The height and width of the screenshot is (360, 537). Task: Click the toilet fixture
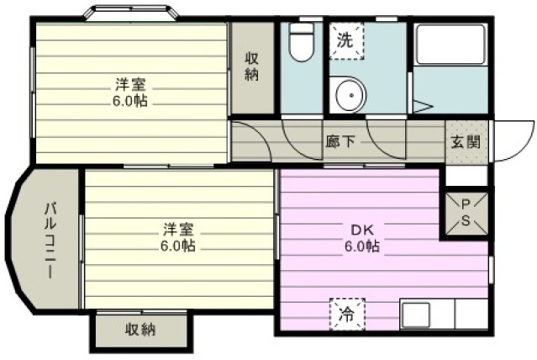(301, 42)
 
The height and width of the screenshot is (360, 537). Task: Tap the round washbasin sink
(350, 95)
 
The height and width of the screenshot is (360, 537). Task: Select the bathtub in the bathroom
(450, 44)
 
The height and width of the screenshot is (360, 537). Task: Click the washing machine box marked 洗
(346, 41)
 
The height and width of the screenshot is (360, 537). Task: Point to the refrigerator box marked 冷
(347, 315)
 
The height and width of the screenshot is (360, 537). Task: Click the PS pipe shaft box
(466, 214)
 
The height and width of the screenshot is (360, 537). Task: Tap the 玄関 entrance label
(466, 141)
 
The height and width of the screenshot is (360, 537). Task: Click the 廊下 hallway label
(340, 141)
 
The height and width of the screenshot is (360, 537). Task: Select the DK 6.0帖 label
(362, 237)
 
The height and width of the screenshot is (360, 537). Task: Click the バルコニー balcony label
(50, 240)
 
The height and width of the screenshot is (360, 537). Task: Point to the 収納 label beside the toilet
(252, 66)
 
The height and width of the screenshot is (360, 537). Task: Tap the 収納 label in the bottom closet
(140, 330)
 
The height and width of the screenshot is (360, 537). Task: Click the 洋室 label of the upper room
(130, 84)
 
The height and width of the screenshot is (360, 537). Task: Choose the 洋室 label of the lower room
(178, 230)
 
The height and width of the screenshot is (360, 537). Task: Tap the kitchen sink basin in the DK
(416, 315)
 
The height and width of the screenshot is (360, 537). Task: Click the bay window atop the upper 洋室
(132, 12)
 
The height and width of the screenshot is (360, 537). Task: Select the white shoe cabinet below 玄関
(466, 176)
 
